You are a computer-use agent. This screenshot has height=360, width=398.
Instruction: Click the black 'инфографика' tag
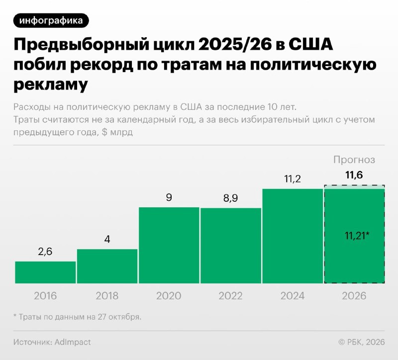(x=51, y=20)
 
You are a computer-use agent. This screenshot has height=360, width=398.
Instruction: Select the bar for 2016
(x=45, y=272)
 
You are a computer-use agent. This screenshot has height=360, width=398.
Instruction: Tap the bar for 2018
(x=107, y=266)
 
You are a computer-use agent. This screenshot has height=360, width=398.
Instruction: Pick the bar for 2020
(x=169, y=245)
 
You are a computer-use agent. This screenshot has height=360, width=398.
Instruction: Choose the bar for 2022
(x=231, y=246)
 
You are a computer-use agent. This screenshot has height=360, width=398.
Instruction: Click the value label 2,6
(x=45, y=252)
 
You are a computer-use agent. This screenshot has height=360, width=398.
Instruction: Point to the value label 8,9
(x=231, y=198)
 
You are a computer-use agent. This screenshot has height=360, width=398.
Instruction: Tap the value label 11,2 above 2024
(x=293, y=179)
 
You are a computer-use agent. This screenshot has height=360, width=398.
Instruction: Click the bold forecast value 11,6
(x=354, y=175)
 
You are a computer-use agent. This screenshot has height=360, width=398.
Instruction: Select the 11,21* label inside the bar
(x=357, y=236)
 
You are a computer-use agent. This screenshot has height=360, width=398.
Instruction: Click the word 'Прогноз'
(x=354, y=160)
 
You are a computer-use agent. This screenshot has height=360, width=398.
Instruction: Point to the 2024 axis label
(x=293, y=296)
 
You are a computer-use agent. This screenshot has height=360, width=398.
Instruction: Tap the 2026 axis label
(x=354, y=296)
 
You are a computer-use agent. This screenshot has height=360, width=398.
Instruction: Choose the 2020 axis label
(x=169, y=296)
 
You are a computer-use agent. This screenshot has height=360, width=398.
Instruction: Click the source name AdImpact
(x=73, y=342)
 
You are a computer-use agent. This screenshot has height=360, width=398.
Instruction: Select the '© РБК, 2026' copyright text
(x=362, y=342)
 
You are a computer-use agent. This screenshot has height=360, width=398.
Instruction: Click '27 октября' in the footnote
(x=119, y=317)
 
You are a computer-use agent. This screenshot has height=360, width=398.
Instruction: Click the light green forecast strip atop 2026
(x=354, y=187)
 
